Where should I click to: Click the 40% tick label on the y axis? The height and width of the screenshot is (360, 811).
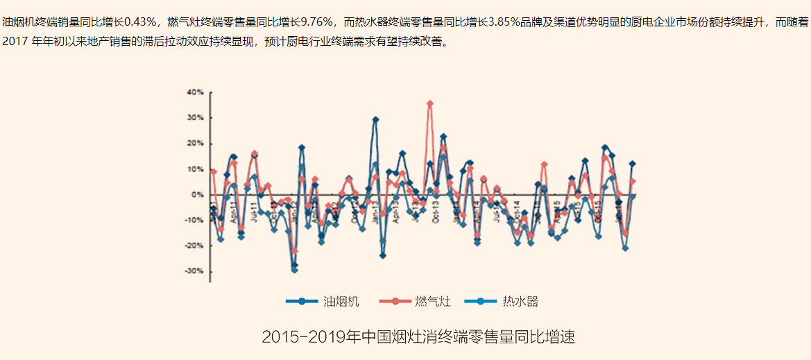[x=194, y=92]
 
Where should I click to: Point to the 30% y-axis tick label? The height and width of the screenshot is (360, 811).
[x=194, y=118]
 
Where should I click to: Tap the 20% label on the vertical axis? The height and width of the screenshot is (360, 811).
[x=194, y=144]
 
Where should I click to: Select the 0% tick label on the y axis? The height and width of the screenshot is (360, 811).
[x=198, y=195]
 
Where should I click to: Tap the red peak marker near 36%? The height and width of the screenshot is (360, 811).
[x=430, y=103]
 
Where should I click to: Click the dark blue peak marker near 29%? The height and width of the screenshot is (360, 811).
[x=375, y=119]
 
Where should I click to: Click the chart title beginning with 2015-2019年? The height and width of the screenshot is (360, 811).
[x=418, y=338]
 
